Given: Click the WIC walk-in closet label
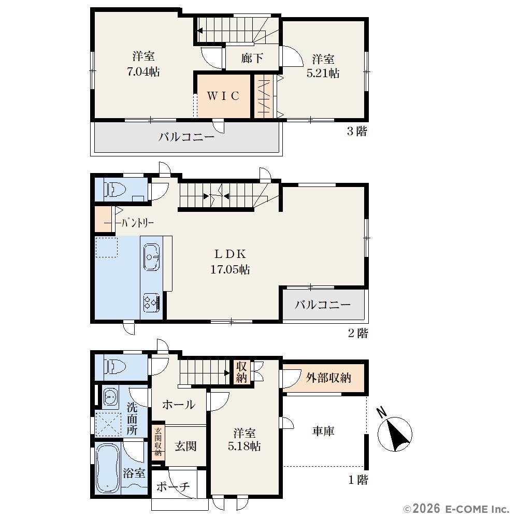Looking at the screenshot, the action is click(x=223, y=96).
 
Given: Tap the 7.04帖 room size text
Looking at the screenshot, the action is click(x=143, y=71).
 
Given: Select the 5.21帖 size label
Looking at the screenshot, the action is click(x=323, y=73).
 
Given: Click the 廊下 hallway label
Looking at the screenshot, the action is click(x=252, y=58).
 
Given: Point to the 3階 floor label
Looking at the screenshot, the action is click(x=357, y=131).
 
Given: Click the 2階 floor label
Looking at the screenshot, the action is click(x=358, y=333).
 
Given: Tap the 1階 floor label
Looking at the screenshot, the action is click(x=358, y=480).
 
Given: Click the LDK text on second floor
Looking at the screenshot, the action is click(x=231, y=254).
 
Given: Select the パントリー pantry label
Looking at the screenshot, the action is click(x=137, y=223).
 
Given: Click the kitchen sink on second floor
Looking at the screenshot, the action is click(x=152, y=257).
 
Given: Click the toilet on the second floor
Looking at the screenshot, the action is click(x=115, y=190).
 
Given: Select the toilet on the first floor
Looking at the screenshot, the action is click(x=115, y=366).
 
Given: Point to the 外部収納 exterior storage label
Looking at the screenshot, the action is click(x=328, y=378).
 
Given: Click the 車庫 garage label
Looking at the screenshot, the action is click(x=323, y=431).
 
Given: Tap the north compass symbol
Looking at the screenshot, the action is click(x=395, y=433).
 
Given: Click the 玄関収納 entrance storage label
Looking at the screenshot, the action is click(x=158, y=441).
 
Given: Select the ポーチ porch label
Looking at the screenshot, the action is click(x=173, y=486).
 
